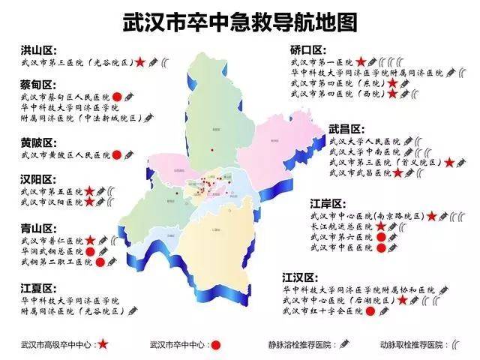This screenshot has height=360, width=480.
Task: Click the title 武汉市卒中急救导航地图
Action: point(241,21)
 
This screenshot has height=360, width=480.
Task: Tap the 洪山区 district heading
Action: point(39,51)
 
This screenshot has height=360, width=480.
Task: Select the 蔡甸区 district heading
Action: point(39,84)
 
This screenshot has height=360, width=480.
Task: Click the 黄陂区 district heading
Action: point(39,142)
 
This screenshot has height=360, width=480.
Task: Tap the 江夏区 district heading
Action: point(39,287)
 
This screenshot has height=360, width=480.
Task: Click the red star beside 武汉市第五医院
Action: point(89,191)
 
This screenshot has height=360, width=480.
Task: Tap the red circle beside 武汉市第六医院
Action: point(380,238)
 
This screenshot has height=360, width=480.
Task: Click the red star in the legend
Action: point(103,345)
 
